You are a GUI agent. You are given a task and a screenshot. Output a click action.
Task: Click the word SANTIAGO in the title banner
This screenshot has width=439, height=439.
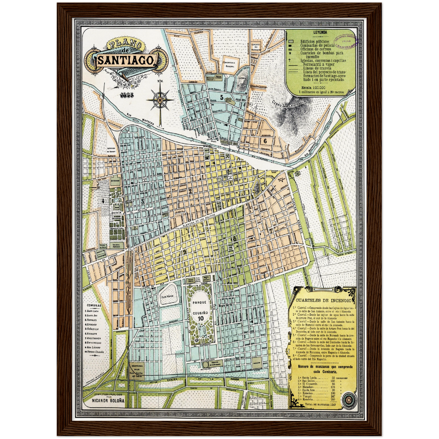tap(125, 60)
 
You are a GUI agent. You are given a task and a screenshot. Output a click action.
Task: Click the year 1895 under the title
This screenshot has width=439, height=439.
tap(127, 95)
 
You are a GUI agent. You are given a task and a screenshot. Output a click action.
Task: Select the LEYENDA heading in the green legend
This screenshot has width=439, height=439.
tap(320, 32)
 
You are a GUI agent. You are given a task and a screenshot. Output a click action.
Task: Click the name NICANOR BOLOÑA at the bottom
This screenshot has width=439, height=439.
tap(108, 400)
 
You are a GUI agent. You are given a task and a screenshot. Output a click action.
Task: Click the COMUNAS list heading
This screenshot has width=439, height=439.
tap(94, 305)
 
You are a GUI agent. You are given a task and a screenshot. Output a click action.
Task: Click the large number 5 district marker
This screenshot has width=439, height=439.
tap(222, 98)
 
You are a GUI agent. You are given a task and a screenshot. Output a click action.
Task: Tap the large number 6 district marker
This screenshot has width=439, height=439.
tap(265, 141)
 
